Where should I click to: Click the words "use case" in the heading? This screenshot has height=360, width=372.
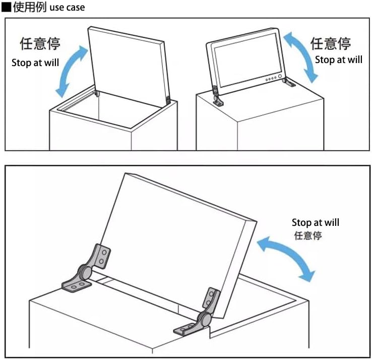[x=68, y=8]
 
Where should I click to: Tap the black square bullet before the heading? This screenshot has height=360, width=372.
[x=6, y=8]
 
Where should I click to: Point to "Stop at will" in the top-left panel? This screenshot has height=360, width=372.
[x=35, y=63]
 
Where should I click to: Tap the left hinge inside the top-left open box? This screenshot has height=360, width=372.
[x=97, y=93]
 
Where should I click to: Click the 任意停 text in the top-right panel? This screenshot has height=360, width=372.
[x=331, y=43]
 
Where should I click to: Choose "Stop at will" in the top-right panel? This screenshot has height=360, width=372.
[x=338, y=59]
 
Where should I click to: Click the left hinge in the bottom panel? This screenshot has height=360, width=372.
[x=87, y=270]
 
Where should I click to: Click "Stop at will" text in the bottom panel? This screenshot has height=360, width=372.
[x=315, y=222]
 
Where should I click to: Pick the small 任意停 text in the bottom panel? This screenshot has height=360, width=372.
[x=307, y=235]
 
